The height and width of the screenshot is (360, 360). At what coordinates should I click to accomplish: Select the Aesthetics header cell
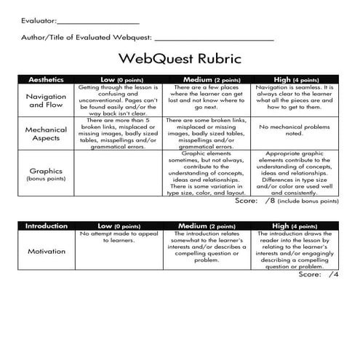tap(46, 79)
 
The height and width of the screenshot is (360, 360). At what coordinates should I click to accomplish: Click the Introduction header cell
tap(46, 226)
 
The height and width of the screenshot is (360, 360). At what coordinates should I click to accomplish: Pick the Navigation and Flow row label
tap(46, 100)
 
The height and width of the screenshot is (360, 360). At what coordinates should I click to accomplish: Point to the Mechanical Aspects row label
tap(46, 133)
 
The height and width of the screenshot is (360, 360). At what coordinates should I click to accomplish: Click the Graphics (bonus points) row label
tap(46, 174)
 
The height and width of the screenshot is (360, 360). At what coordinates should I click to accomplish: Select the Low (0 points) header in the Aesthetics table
tap(117, 79)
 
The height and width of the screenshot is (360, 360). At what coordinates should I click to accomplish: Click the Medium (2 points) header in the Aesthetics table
tap(207, 79)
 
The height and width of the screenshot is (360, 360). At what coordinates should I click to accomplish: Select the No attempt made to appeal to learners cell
tap(117, 238)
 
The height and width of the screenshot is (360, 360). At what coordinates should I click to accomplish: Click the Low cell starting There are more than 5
tap(117, 133)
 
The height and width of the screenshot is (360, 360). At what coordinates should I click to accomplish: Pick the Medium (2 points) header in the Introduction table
tap(207, 226)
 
